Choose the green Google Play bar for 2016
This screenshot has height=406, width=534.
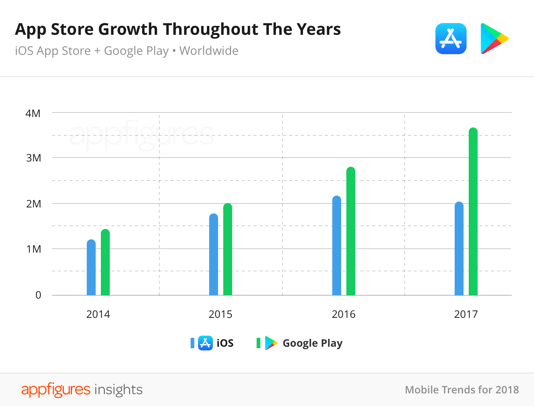coord(351,231)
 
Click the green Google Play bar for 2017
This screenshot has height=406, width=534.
coord(473,212)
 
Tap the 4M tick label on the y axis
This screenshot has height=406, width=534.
coord(33,113)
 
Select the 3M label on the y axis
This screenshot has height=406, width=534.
coord(33,158)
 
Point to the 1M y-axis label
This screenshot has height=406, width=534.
coord(33,249)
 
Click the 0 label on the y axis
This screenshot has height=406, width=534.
coord(38,295)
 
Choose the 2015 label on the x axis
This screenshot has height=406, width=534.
coord(220,315)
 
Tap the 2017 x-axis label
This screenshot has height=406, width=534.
coord(466,315)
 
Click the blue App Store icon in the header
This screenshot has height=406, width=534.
coord(451,39)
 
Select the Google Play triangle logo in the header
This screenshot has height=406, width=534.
coord(493,39)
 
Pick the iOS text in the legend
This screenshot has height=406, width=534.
coord(225,343)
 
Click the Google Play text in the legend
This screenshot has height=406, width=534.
coord(313,343)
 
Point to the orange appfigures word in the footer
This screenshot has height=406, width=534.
coord(56,390)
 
